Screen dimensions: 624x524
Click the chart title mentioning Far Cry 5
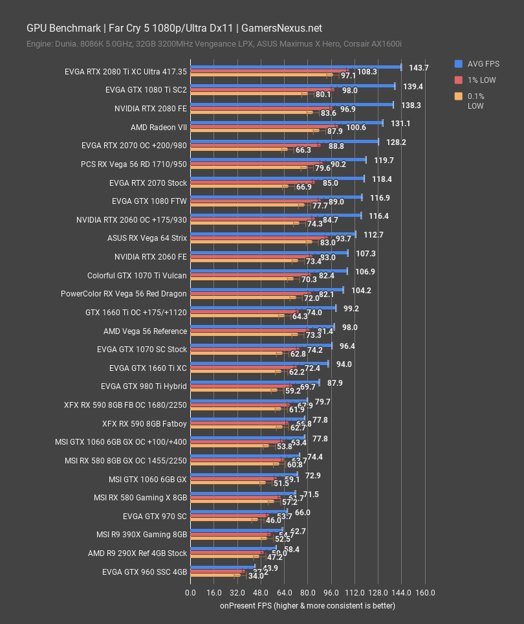coord(174,28)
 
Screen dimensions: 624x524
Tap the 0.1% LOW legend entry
coord(478,101)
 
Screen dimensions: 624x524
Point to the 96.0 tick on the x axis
coord(331,593)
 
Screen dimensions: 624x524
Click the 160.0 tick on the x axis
coord(425,593)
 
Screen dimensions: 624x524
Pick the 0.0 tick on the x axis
coord(190,593)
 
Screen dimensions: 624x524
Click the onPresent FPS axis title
coord(307,606)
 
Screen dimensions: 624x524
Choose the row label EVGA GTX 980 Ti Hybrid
coord(144,386)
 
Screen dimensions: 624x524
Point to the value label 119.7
coord(384,160)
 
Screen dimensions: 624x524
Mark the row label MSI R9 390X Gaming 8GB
coord(141,535)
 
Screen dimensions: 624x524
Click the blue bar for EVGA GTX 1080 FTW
coord(276,197)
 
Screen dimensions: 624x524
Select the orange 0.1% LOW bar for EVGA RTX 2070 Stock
coord(237,186)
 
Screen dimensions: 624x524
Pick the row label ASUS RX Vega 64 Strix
coord(147,238)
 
